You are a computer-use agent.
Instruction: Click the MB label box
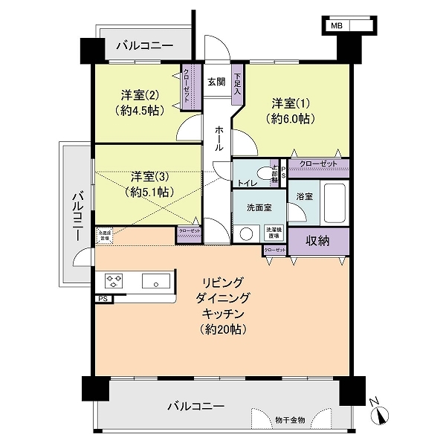click(337, 25)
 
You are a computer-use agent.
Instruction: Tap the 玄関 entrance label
click(216, 82)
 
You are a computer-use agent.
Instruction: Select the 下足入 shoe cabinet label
click(237, 83)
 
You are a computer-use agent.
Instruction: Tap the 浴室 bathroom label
click(305, 198)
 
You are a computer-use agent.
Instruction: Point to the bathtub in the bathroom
click(334, 202)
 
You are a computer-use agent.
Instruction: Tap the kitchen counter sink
click(155, 281)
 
